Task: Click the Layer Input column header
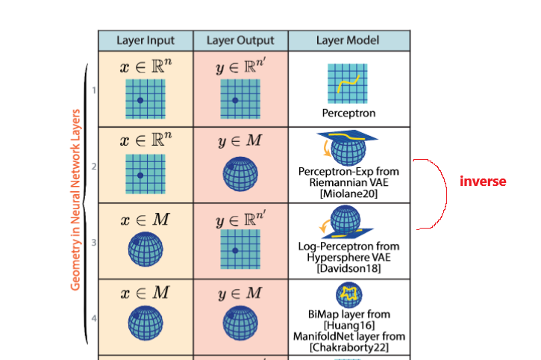(146, 40)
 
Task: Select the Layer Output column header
(240, 40)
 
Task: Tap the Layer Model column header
(348, 40)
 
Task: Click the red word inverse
(483, 181)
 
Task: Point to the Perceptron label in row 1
(348, 114)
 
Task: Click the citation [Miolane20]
(348, 193)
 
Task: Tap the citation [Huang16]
(348, 325)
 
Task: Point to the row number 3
(93, 242)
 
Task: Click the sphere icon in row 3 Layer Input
(146, 251)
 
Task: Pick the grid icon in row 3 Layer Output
(240, 251)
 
